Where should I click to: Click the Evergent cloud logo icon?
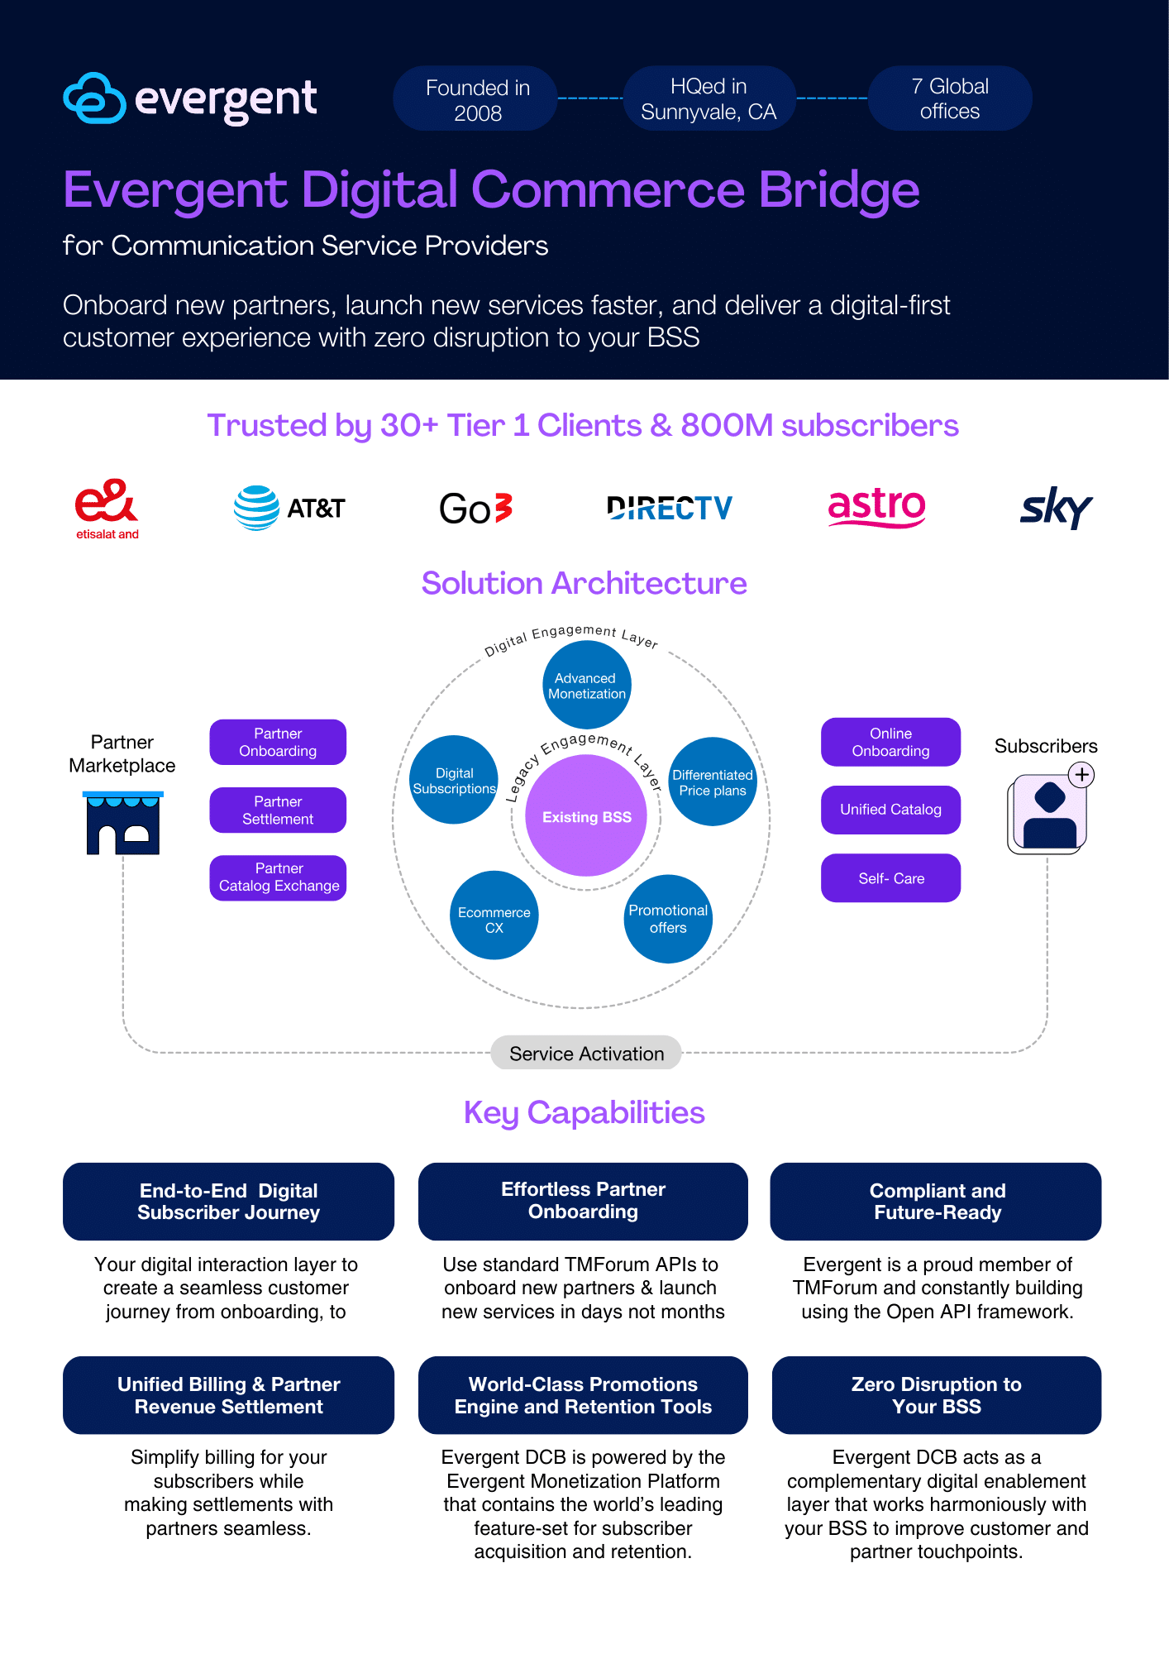[x=94, y=98]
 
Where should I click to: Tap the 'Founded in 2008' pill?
[x=477, y=99]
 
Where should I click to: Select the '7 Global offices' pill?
[x=949, y=98]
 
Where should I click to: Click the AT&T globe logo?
[x=257, y=508]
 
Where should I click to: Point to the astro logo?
[x=876, y=506]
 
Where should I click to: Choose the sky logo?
[x=1056, y=507]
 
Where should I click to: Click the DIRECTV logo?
[x=669, y=508]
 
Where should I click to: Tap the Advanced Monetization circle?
[x=586, y=686]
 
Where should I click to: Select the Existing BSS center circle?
[x=586, y=816]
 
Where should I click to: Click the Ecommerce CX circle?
[x=494, y=916]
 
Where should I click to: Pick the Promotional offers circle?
[x=668, y=918]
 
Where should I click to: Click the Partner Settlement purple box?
[x=278, y=810]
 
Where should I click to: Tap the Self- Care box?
[x=890, y=878]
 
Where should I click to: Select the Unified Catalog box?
[x=890, y=810]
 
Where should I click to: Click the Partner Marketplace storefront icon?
[x=123, y=823]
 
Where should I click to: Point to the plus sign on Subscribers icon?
[x=1081, y=775]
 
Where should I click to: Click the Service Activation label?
[x=586, y=1053]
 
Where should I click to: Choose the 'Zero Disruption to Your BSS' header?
[x=936, y=1395]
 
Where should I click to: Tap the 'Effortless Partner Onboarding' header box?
[x=583, y=1201]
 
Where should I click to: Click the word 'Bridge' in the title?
[x=838, y=190]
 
